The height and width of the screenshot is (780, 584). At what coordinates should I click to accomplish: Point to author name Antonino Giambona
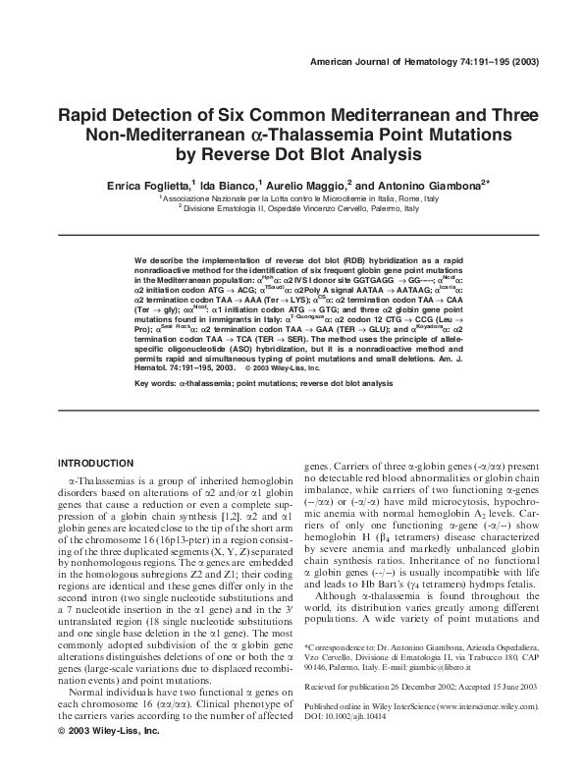pyautogui.click(x=431, y=185)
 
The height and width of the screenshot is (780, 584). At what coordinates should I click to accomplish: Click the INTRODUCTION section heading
pyautogui.click(x=95, y=463)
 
